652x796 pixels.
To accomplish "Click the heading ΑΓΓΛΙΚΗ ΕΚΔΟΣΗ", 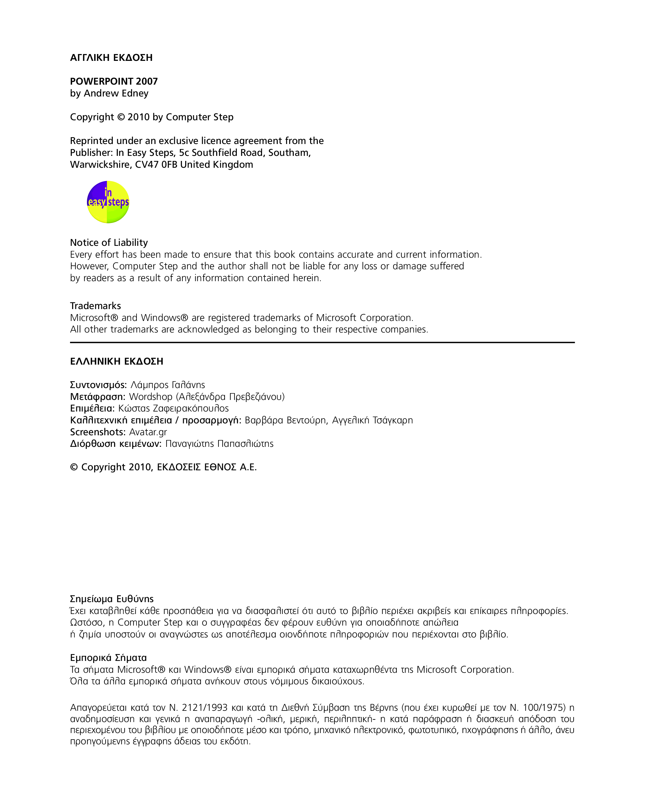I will pyautogui.click(x=111, y=58).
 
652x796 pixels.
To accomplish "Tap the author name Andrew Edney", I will pyautogui.click(x=116, y=93).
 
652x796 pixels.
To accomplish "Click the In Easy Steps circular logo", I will pyautogui.click(x=108, y=202).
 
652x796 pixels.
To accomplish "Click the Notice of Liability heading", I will pyautogui.click(x=109, y=242).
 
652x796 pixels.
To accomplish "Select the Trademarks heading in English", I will pyautogui.click(x=95, y=306).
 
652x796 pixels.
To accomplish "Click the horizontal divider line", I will pyautogui.click(x=322, y=342).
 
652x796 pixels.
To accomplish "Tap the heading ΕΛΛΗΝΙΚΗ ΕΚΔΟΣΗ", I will pyautogui.click(x=116, y=361).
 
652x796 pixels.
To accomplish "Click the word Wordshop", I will pyautogui.click(x=150, y=397).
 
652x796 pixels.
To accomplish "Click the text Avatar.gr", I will pyautogui.click(x=148, y=432).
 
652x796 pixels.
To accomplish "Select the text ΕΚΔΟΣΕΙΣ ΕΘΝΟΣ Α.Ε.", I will pyautogui.click(x=207, y=467).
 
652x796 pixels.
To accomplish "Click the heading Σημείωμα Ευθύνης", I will pyautogui.click(x=112, y=599).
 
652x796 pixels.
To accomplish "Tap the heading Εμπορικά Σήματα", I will pyautogui.click(x=108, y=658).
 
